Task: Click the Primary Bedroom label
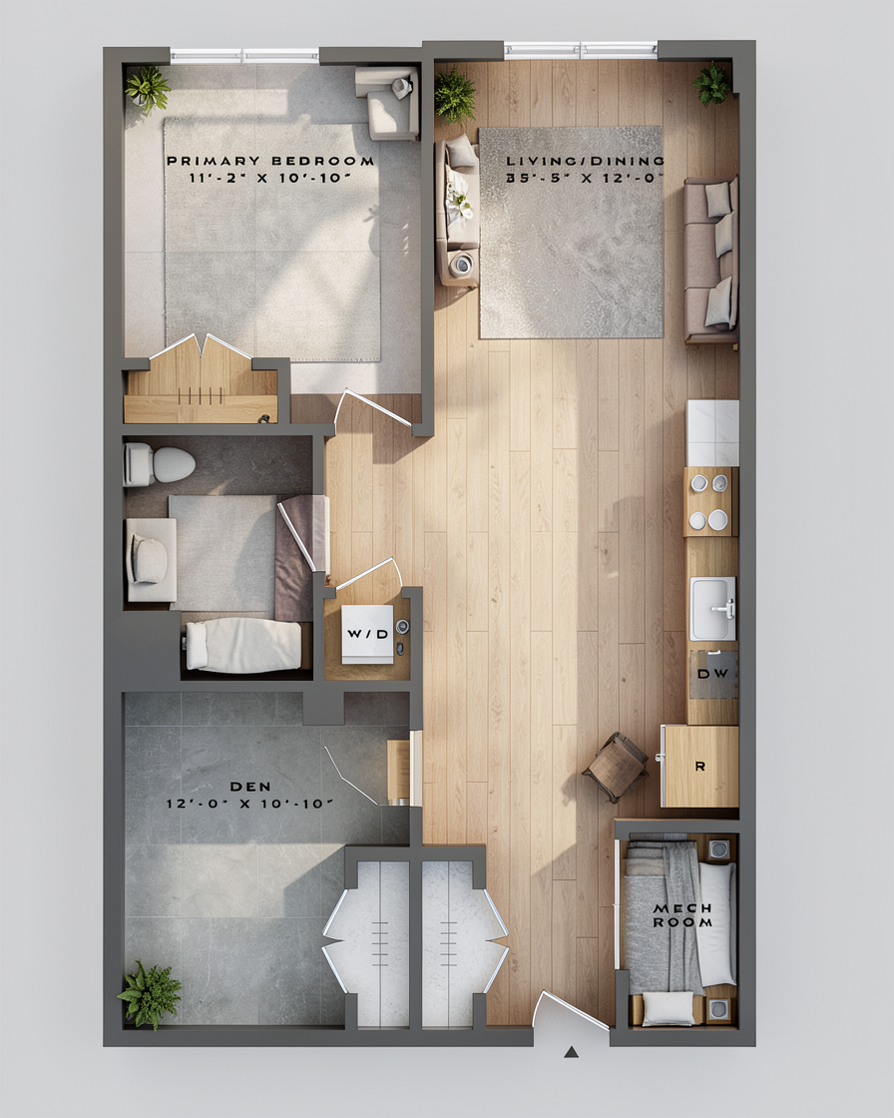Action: (x=270, y=161)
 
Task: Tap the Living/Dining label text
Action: (x=585, y=161)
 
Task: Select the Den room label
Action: (x=250, y=787)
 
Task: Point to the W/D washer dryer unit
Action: (x=367, y=634)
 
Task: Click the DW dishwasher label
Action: (x=712, y=674)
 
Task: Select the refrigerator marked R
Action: (x=700, y=767)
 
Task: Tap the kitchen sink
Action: (x=712, y=608)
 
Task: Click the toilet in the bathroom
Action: (x=159, y=464)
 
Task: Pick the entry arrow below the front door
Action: (x=571, y=1052)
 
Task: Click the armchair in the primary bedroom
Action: (x=387, y=103)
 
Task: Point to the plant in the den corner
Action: (x=150, y=994)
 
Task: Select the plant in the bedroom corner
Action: (x=148, y=89)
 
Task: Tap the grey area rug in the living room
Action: (x=571, y=233)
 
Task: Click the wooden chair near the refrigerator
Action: (x=616, y=766)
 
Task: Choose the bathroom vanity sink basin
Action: (x=150, y=560)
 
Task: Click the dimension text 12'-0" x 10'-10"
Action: (x=250, y=804)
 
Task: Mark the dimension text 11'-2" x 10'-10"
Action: (x=270, y=179)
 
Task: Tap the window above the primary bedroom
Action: (x=244, y=55)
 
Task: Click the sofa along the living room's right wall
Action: (x=710, y=261)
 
